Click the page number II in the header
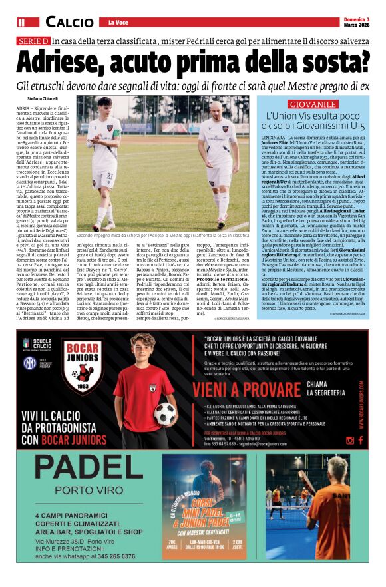pos(22,23)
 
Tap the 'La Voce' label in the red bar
pos(119,23)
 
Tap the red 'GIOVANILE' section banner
pos(313,105)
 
